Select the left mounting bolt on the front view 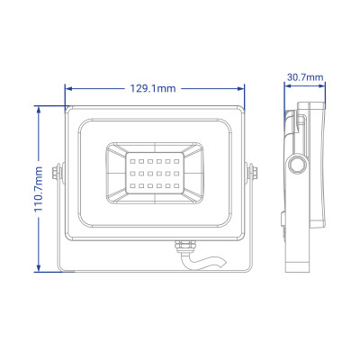point(58,170)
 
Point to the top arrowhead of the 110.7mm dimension point(39,107)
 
